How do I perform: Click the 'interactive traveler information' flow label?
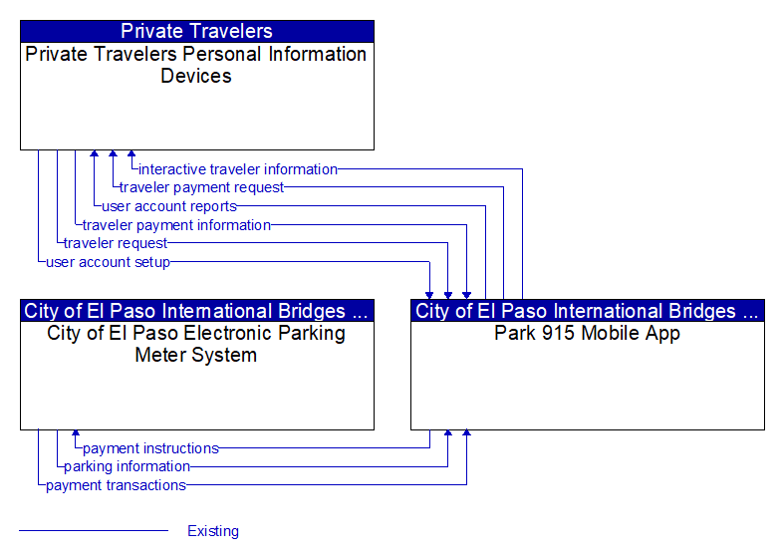238,169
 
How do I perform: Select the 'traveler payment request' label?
201,187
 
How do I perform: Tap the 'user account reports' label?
169,206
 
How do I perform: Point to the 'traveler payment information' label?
177,225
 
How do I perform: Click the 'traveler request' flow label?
116,243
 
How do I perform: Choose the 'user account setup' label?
109,262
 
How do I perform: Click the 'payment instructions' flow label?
151,448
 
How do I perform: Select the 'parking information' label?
128,466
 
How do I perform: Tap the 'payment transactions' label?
117,485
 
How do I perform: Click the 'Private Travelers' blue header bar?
197,31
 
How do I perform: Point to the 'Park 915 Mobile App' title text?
587,334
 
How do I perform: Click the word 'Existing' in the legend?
213,531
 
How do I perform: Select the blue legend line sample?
94,531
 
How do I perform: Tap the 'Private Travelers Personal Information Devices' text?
196,65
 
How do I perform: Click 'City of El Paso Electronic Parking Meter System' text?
196,344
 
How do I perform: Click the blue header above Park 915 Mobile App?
588,311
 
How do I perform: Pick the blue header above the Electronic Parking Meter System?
197,311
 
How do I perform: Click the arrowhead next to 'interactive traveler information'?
131,153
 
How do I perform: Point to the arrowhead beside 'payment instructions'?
76,433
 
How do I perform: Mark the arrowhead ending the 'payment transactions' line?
466,433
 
